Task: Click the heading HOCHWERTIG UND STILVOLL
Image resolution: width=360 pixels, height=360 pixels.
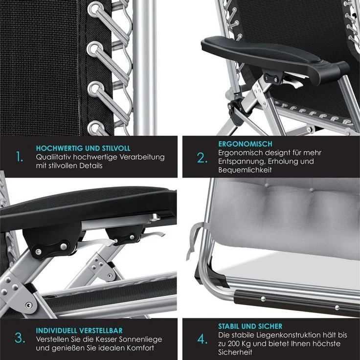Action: tap(83, 148)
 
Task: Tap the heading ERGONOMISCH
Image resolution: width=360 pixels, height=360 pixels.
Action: tap(245, 144)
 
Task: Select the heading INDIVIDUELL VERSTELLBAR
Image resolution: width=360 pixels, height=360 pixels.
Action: tap(79, 331)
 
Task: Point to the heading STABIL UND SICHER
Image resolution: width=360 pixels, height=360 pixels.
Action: tap(250, 326)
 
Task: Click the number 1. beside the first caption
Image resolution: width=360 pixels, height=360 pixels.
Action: tap(20, 157)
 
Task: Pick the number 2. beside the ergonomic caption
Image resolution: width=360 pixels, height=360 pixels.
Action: tap(202, 158)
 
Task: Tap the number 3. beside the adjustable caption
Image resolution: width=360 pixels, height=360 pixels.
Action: tap(20, 338)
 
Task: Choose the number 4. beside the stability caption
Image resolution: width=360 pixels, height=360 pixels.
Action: tap(202, 339)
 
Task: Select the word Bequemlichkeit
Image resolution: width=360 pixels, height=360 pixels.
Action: tap(245, 170)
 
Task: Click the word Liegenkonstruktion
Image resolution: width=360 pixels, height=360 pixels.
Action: tap(278, 335)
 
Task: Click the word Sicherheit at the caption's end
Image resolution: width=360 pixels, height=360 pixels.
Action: tap(235, 352)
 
